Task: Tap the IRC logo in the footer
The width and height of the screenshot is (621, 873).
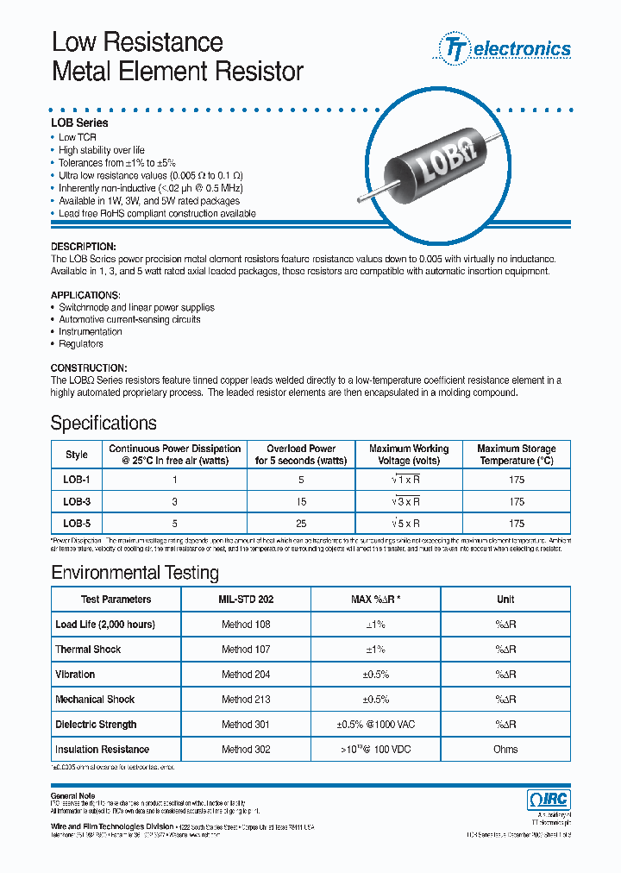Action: click(x=548, y=800)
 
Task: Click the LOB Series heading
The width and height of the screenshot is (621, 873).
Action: click(x=79, y=123)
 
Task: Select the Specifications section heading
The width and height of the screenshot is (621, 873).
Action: click(x=103, y=423)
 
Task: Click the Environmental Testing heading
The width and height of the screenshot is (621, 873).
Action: click(x=135, y=573)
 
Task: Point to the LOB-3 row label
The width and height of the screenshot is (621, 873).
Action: click(x=76, y=501)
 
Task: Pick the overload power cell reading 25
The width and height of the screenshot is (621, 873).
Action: click(x=301, y=523)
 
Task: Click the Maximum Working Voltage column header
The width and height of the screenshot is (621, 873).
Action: click(x=409, y=455)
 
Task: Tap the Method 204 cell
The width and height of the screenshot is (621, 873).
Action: click(x=246, y=675)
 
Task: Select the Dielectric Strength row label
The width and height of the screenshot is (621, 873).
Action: click(x=96, y=725)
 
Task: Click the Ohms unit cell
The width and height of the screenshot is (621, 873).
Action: click(x=505, y=750)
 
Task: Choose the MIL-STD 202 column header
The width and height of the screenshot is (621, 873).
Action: click(x=246, y=600)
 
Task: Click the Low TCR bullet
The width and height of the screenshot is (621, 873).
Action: click(x=78, y=138)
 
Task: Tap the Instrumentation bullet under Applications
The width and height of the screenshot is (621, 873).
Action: click(x=91, y=331)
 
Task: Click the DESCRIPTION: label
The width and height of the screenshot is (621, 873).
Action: click(x=83, y=247)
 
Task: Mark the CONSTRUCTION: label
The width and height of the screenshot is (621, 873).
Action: click(x=89, y=367)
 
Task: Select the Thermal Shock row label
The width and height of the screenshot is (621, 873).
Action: click(x=88, y=650)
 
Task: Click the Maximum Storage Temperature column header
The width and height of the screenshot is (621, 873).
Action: click(x=516, y=455)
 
